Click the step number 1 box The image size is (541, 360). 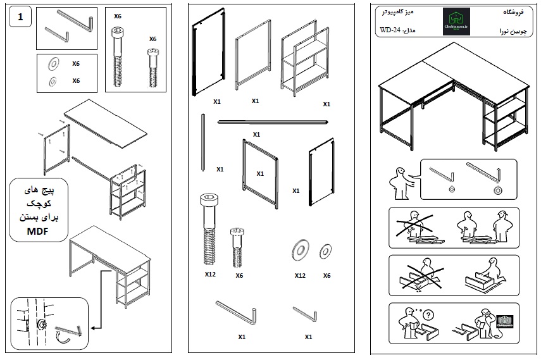point(21,18)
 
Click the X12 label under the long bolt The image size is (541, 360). point(211,275)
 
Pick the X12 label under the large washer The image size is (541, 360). point(300,275)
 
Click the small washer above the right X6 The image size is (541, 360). point(326,250)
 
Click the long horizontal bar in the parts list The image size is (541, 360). point(273,121)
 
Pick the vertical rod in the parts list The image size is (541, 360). point(202,142)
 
